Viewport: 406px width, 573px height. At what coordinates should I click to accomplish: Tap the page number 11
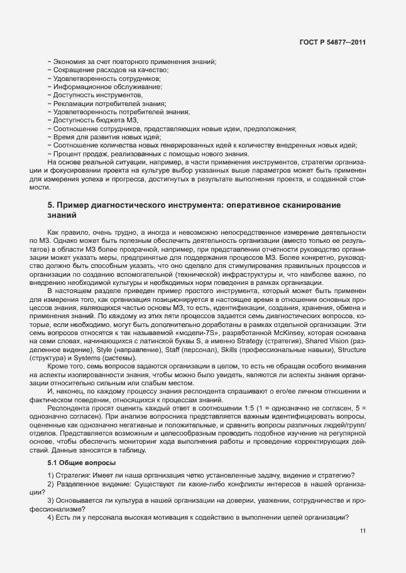pos(363,531)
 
